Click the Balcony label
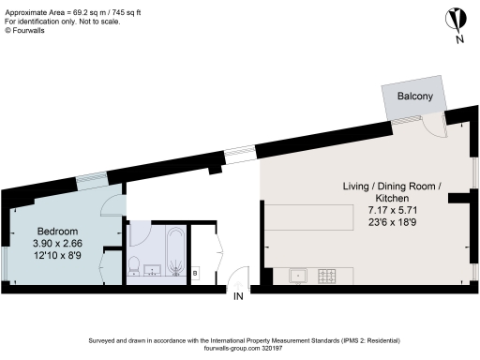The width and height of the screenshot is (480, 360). pos(414,97)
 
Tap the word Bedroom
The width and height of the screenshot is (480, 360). pos(57,232)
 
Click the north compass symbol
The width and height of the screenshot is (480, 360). pos(456,19)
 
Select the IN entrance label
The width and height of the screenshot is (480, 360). pos(239,297)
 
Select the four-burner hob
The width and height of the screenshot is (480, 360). pos(329,276)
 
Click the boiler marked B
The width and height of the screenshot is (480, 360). pos(195,273)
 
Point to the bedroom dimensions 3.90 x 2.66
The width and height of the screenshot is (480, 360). pos(57,244)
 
